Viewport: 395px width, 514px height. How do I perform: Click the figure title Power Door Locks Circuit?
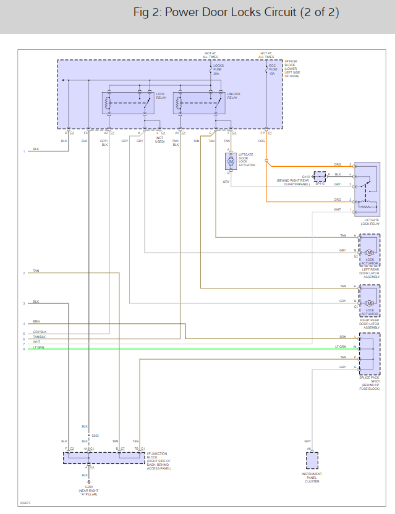point(236,12)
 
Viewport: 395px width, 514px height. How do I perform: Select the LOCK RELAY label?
point(161,96)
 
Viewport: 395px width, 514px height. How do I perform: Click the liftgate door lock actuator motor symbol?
point(230,162)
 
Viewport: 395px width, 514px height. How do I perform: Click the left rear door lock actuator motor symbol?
point(370,252)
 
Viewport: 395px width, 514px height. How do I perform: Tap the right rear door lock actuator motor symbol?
point(370,303)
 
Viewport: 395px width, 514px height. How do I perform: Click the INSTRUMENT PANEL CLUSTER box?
point(312,461)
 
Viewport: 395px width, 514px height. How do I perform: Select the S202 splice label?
point(95,436)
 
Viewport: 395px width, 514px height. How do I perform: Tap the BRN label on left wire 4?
point(36,321)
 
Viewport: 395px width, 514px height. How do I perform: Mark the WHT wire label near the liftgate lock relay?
point(338,209)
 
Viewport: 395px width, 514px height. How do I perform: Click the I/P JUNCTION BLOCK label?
point(158,461)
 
